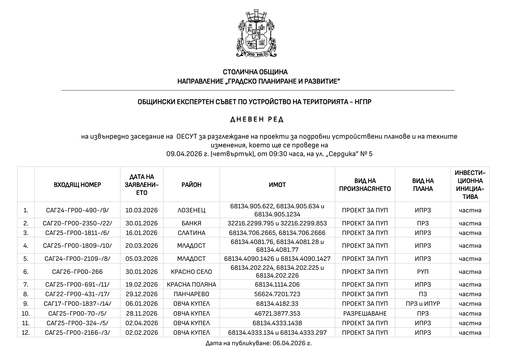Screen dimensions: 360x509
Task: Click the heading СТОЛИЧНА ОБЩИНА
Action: (255, 72)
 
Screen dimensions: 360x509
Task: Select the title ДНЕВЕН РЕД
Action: (257, 120)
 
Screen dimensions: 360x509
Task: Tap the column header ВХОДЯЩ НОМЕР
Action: (77, 185)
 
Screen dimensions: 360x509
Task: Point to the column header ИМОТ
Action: (277, 185)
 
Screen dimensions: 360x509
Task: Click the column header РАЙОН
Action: (192, 185)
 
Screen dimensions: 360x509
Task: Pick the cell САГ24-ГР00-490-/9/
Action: (77, 210)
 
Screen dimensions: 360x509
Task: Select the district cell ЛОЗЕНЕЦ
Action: (191, 210)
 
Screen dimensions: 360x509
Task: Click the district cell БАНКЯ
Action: (191, 223)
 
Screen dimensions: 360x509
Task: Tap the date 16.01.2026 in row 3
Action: (142, 233)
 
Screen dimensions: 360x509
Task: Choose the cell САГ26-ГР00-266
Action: (77, 272)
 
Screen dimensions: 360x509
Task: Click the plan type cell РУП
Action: (423, 272)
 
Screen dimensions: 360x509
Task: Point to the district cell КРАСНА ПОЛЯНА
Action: (192, 285)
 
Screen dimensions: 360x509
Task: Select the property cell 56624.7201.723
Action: (277, 294)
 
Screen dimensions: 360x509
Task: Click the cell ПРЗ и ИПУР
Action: (423, 304)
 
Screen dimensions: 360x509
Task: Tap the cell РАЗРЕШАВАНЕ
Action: (365, 314)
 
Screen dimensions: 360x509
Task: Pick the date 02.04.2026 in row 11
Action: (142, 323)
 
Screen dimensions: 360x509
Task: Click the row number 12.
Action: (26, 333)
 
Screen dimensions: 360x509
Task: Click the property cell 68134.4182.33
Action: (277, 304)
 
